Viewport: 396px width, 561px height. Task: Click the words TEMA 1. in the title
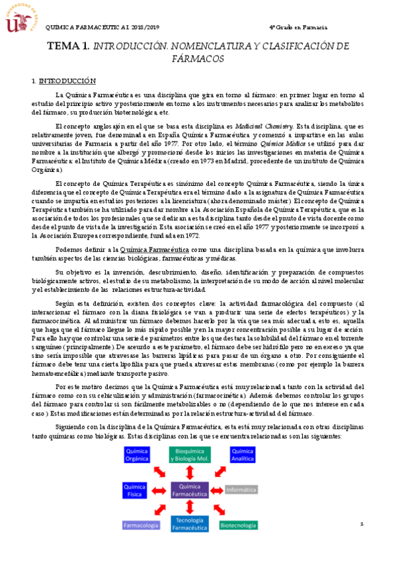tap(68, 47)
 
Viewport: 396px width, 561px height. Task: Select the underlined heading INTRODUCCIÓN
tap(67, 81)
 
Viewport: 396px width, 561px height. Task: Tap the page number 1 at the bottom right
tap(362, 523)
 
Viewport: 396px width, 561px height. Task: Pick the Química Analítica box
tap(243, 454)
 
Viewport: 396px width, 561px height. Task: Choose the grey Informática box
tap(241, 490)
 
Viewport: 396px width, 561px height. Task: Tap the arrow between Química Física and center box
tap(162, 490)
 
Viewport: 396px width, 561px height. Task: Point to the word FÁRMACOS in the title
tap(198, 59)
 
